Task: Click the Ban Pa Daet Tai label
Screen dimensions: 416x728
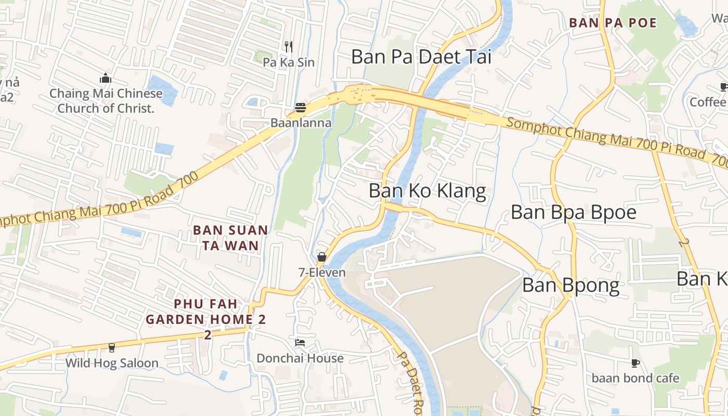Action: tap(421, 57)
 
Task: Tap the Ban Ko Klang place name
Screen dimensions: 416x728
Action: tap(427, 191)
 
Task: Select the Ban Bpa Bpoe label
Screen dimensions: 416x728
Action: tap(574, 212)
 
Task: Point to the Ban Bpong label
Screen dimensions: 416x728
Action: tap(571, 285)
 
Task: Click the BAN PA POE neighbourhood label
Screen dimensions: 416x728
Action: tap(613, 23)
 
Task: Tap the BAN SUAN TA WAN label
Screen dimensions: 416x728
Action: tap(230, 238)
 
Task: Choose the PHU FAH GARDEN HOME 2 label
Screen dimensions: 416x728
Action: tap(206, 311)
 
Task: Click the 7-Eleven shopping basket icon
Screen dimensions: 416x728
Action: tap(322, 257)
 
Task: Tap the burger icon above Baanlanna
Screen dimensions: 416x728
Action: tap(301, 108)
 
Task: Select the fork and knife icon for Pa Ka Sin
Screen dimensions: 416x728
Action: tap(289, 47)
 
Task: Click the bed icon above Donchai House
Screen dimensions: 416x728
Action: tap(300, 343)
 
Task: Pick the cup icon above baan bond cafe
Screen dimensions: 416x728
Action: tap(635, 363)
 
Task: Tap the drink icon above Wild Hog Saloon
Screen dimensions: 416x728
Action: tap(111, 347)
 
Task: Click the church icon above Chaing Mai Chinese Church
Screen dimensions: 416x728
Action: tap(106, 79)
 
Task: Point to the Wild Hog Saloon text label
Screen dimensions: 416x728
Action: tap(112, 363)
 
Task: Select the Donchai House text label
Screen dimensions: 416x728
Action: tap(300, 358)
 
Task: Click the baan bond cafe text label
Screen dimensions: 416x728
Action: tap(635, 378)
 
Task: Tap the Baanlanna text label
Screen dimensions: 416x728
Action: tap(301, 123)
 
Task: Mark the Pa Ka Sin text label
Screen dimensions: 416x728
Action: tap(289, 62)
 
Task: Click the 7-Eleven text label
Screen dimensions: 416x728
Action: tap(322, 272)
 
